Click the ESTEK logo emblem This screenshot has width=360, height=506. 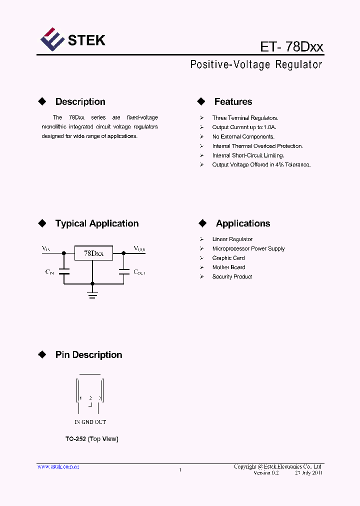click(52, 40)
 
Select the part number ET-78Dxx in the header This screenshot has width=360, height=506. click(291, 47)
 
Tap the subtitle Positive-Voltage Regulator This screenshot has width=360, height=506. click(256, 65)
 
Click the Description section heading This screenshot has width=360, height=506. click(80, 102)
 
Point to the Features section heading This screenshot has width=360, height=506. click(233, 102)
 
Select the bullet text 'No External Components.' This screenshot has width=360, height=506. click(243, 136)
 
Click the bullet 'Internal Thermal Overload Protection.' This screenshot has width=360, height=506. click(257, 146)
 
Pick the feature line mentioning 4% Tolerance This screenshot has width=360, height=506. click(261, 164)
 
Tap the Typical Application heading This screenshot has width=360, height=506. click(96, 223)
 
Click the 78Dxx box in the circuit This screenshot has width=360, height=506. click(93, 253)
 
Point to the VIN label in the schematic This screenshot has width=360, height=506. click(46, 248)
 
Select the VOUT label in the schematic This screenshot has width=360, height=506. click(139, 248)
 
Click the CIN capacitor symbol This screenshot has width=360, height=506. click(63, 272)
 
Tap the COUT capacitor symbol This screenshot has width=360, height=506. click(123, 272)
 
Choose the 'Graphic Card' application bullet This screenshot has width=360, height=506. click(228, 258)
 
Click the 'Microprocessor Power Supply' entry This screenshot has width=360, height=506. click(248, 248)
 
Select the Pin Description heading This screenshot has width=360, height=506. click(88, 355)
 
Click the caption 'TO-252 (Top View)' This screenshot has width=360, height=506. click(91, 439)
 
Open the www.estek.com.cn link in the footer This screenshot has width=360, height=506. click(58, 466)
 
